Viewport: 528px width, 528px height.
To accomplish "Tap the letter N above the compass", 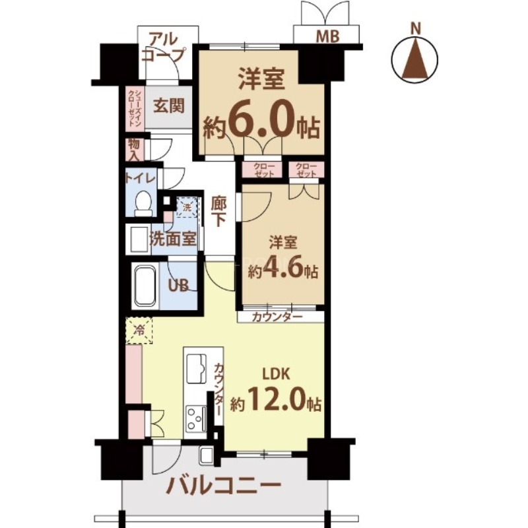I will [415, 28].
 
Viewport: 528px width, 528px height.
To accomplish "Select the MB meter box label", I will [327, 37].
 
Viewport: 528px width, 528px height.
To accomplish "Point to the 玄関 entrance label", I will [169, 106].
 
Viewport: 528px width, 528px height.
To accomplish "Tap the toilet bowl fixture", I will [142, 203].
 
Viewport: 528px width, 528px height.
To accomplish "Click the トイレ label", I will [140, 178].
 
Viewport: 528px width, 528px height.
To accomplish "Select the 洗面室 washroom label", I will [173, 239].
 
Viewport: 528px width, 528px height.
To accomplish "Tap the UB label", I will [180, 286].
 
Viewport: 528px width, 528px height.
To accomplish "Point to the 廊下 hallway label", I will [220, 211].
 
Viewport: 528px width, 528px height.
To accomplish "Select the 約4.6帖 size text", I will [283, 271].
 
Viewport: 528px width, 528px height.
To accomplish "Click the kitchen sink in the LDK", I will [197, 368].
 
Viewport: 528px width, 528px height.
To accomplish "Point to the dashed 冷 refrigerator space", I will [139, 331].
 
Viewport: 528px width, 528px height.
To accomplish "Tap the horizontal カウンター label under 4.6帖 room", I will [278, 316].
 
